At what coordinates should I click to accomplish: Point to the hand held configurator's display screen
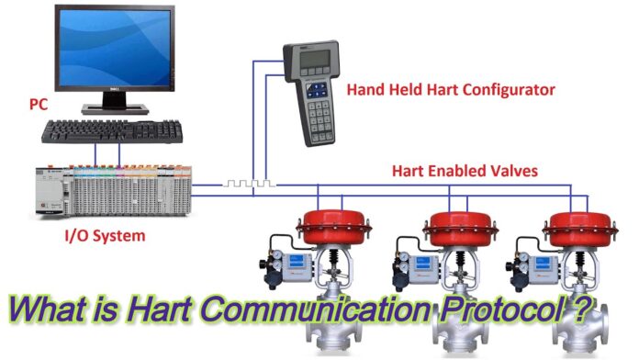click(x=317, y=62)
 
